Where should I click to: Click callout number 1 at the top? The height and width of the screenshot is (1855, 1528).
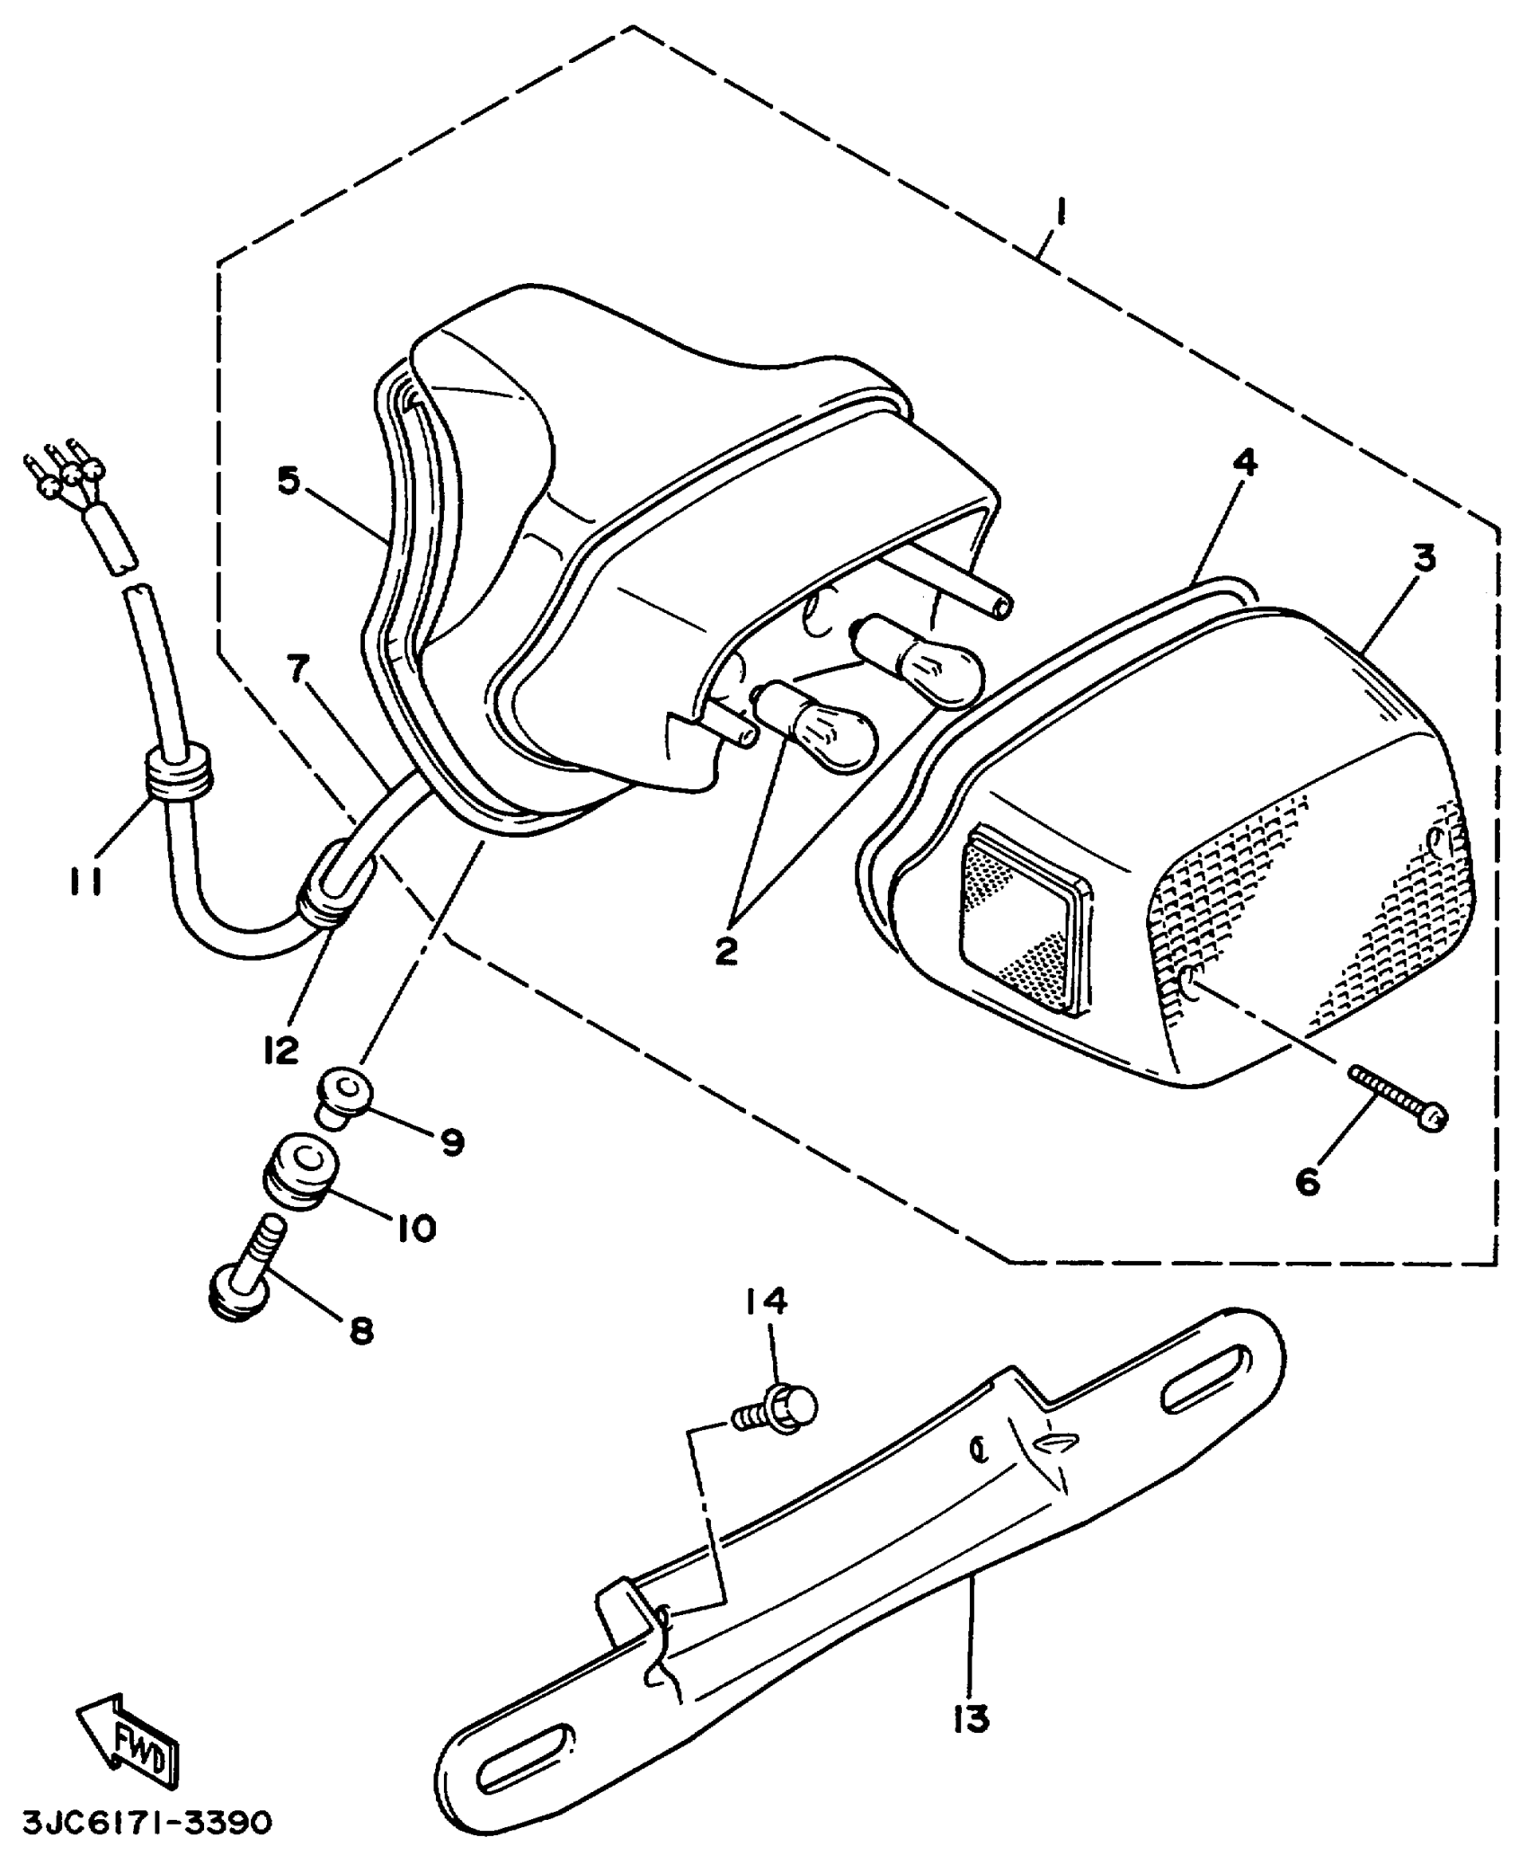1062,212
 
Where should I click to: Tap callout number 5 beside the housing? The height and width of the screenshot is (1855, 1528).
288,481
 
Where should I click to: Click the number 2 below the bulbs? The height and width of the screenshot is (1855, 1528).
726,950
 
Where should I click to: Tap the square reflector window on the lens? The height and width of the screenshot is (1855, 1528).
1026,922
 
